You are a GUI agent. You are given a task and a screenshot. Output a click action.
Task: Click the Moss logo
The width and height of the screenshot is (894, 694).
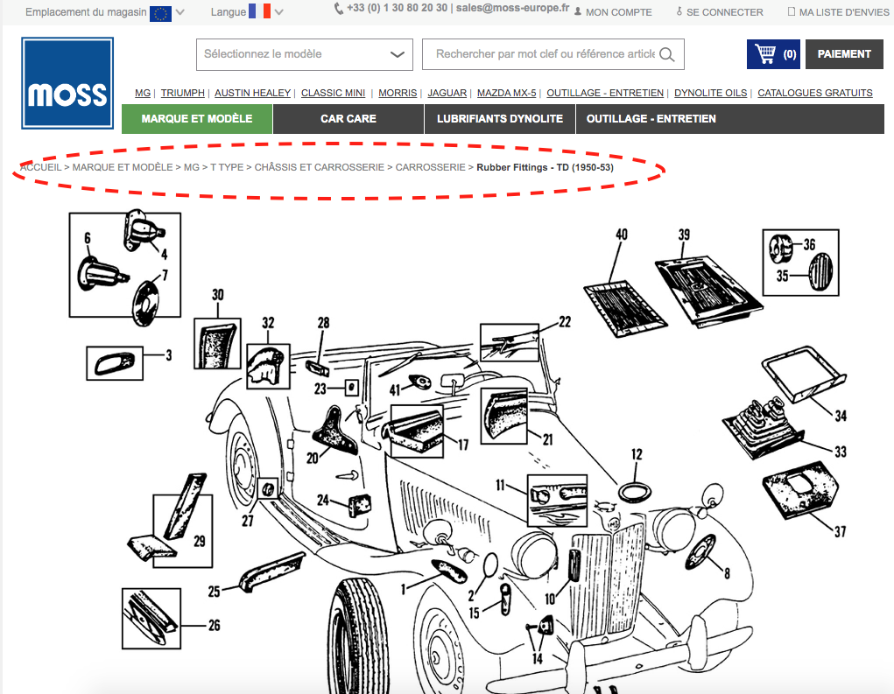click(x=67, y=83)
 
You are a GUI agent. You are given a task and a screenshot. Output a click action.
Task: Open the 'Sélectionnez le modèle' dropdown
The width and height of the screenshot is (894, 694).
click(x=305, y=55)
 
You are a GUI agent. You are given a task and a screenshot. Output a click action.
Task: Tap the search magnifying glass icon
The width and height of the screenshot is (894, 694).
click(x=666, y=55)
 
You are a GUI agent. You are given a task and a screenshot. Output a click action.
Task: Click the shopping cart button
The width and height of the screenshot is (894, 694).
click(x=773, y=54)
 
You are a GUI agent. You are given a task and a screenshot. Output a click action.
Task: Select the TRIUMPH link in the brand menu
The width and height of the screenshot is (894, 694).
click(x=182, y=93)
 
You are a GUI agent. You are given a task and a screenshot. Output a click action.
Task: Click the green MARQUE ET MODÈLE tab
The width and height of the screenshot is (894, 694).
click(x=197, y=119)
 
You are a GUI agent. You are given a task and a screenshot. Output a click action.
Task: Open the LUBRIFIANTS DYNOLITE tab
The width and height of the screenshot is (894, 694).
click(x=500, y=119)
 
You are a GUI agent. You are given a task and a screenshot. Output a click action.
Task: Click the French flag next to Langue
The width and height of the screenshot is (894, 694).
click(x=259, y=11)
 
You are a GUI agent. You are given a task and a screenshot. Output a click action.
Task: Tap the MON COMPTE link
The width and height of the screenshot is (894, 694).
click(x=618, y=12)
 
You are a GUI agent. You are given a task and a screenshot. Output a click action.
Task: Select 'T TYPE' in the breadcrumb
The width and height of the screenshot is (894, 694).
click(x=227, y=167)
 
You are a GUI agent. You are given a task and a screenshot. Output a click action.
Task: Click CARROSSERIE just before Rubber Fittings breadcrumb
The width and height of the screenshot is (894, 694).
click(x=431, y=167)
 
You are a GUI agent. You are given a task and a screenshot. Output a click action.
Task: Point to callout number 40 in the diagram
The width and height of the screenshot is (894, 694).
click(x=622, y=235)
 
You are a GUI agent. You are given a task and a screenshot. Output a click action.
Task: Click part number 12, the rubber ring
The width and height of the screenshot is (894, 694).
click(x=635, y=493)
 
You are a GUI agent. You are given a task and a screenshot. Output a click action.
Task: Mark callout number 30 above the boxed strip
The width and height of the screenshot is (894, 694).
click(x=218, y=295)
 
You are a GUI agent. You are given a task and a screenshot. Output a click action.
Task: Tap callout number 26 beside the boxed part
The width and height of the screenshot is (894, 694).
click(x=214, y=626)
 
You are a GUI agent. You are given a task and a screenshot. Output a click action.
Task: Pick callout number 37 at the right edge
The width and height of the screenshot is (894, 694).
click(x=841, y=531)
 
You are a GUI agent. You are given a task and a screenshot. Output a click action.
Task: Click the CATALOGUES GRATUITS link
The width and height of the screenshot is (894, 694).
click(x=814, y=93)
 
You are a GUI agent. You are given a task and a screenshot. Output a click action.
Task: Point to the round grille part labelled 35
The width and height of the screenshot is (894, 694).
click(x=820, y=272)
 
